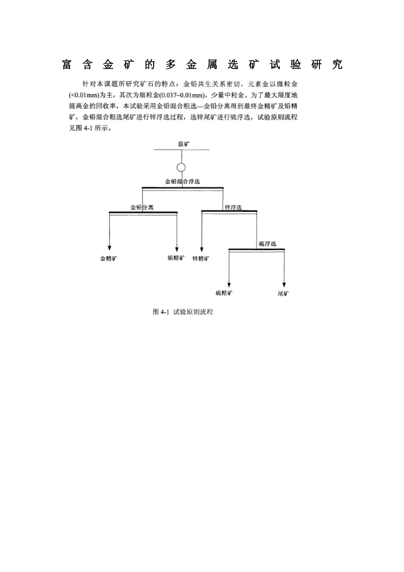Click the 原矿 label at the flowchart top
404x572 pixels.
tap(184, 144)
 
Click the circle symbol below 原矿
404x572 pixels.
tap(181, 167)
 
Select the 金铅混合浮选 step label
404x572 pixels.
tap(182, 181)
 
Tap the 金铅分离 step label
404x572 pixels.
tap(142, 207)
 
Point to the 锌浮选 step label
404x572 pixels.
tap(233, 207)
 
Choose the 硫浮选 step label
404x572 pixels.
tap(267, 244)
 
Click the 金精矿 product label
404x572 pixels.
tap(108, 258)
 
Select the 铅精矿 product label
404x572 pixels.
tap(176, 258)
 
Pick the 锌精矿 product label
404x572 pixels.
tap(201, 258)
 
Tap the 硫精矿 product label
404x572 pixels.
tap(224, 293)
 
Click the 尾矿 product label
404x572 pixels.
tap(283, 293)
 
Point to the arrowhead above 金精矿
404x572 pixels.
tap(109, 248)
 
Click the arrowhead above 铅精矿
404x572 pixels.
tap(177, 248)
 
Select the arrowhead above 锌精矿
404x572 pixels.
tap(202, 248)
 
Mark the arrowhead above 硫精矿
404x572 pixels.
tap(230, 284)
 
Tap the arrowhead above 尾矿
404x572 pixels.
tap(284, 284)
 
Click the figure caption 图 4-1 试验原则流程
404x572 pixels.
tap(182, 312)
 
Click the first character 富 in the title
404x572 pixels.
tap(67, 65)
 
